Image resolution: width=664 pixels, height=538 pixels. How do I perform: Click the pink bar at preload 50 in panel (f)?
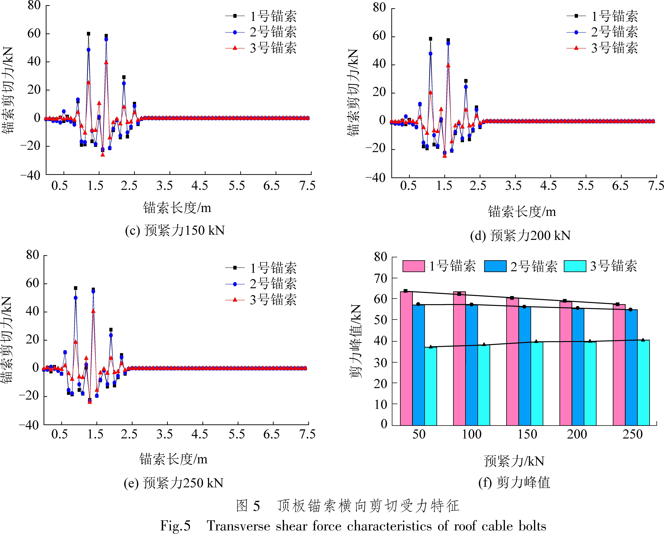[406, 358]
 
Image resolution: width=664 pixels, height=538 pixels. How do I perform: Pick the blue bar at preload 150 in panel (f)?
[524, 366]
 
